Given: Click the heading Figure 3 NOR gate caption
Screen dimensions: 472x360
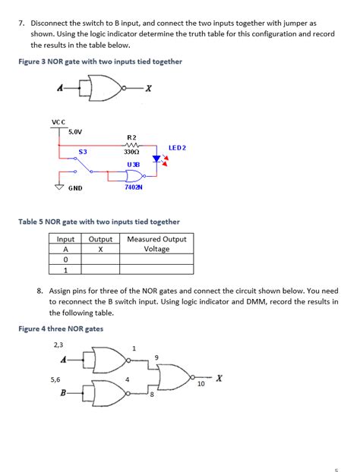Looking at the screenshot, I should [x=99, y=61].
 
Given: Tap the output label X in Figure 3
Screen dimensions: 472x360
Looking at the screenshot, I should [x=149, y=89].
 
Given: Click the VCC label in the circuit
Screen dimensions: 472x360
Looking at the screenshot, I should [x=58, y=121].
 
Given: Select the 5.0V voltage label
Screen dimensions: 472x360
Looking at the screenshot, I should [x=75, y=131].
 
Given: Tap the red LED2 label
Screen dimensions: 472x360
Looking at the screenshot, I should [x=177, y=147].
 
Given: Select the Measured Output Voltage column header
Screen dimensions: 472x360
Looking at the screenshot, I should [x=156, y=244].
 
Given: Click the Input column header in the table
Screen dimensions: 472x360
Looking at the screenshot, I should [x=65, y=239].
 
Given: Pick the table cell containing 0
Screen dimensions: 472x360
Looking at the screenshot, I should [x=65, y=259].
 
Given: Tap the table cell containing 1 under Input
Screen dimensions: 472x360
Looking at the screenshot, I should [x=65, y=269].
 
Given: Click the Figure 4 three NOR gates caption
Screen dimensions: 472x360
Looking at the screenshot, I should [x=60, y=329].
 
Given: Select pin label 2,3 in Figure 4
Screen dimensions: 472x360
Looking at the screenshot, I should [x=58, y=345].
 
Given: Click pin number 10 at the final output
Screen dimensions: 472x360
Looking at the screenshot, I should [x=201, y=384].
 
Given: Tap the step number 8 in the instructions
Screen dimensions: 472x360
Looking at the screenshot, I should [x=39, y=290].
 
